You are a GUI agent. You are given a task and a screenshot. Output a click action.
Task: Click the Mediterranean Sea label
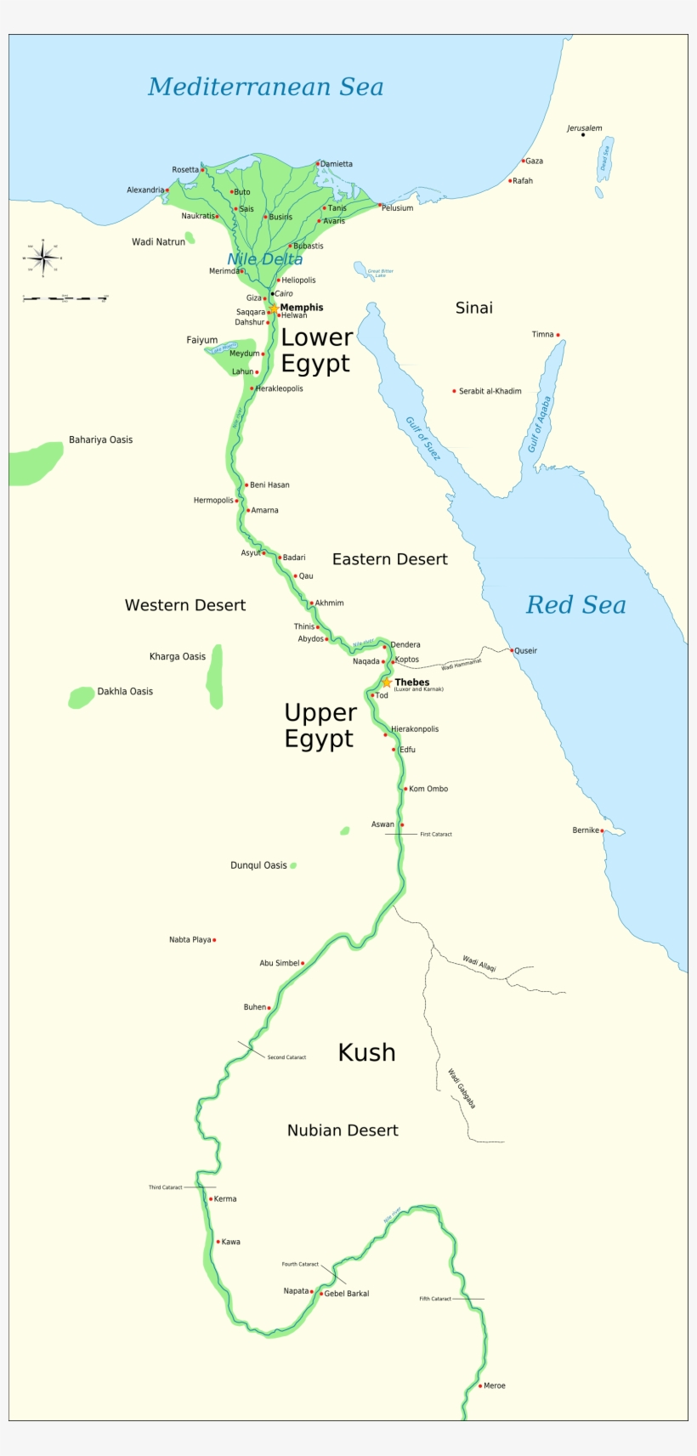(265, 87)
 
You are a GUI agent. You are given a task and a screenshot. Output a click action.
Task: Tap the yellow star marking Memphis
(274, 308)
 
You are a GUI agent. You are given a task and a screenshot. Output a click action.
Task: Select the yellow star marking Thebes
(387, 682)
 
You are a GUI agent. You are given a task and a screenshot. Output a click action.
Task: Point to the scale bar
(65, 298)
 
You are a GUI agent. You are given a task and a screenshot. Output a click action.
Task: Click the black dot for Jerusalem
(583, 134)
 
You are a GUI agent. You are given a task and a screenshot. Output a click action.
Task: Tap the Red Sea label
(575, 604)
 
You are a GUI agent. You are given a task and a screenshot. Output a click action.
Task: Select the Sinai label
(473, 308)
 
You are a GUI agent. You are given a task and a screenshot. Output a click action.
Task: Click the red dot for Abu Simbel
(303, 963)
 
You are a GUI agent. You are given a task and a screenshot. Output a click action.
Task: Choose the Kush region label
(366, 1052)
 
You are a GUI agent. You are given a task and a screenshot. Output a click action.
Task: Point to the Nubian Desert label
(343, 1130)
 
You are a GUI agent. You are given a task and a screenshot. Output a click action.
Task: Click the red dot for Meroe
(480, 1385)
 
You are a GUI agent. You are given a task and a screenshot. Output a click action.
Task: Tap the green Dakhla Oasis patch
(81, 697)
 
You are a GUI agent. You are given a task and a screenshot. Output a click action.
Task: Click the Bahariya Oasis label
(100, 439)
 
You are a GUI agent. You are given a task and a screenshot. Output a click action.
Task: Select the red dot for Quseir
(512, 650)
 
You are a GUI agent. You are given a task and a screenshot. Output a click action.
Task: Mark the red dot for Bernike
(602, 830)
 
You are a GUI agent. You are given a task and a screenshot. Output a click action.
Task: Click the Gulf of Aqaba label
(540, 424)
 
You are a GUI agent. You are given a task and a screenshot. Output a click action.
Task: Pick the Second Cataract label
(286, 1057)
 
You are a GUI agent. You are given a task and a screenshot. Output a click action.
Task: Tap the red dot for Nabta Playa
(214, 939)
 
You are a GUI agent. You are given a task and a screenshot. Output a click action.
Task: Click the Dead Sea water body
(605, 159)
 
